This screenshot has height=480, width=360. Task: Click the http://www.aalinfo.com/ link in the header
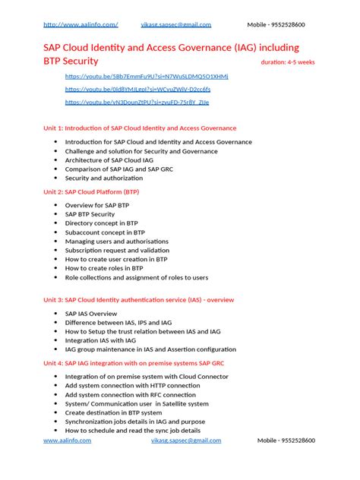tap(81, 24)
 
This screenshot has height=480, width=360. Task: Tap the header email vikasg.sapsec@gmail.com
tap(181, 24)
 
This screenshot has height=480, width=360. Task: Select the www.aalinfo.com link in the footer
tap(67, 441)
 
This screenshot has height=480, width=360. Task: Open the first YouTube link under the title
tap(147, 77)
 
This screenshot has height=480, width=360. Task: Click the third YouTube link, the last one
tap(137, 102)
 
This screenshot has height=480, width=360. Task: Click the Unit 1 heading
tap(140, 128)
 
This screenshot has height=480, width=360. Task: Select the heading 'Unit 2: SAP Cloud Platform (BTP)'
tap(91, 191)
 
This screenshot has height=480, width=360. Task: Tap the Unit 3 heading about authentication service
tap(138, 300)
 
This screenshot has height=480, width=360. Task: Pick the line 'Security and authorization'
tap(104, 178)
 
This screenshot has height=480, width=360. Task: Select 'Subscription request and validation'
tap(117, 250)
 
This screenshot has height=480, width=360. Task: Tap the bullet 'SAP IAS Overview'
tap(91, 313)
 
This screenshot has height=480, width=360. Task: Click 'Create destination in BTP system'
tap(115, 412)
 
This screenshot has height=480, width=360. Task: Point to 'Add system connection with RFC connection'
tap(130, 394)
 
